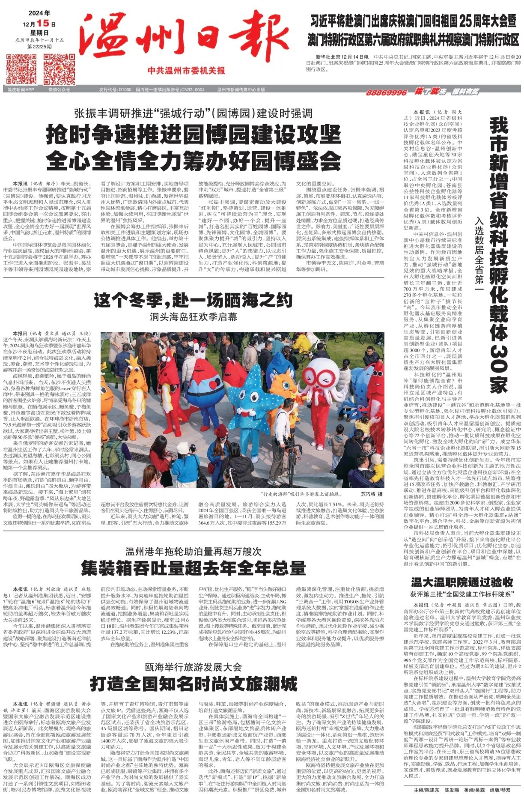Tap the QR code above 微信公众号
click(x=59, y=69)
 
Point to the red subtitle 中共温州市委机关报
click(x=186, y=71)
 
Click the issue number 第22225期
click(x=39, y=46)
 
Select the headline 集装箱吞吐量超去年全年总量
click(x=194, y=568)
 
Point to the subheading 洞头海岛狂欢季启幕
click(x=194, y=317)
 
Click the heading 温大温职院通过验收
click(x=462, y=582)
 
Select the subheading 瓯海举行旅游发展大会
click(x=194, y=667)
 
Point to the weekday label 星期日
click(x=39, y=33)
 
